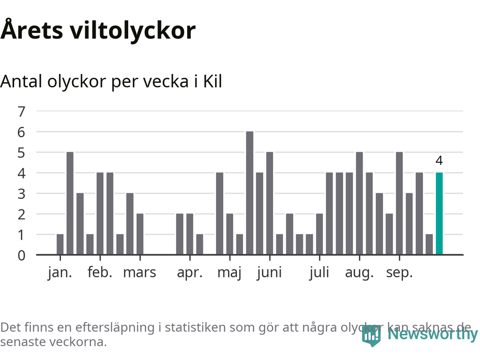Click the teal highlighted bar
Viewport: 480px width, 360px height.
(x=439, y=213)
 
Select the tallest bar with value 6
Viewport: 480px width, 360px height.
(x=250, y=193)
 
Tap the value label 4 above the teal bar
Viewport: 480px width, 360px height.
(x=439, y=160)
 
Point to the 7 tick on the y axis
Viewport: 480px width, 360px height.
(x=21, y=111)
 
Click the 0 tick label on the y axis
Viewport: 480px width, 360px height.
(x=21, y=255)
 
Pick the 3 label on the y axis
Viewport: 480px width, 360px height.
(x=21, y=194)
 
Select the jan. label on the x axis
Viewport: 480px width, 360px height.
(x=60, y=273)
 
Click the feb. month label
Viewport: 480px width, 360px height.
(x=100, y=273)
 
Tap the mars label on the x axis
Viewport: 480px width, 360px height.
(x=139, y=273)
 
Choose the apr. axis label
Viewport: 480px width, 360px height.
(x=190, y=273)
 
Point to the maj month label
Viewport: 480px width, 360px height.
(x=229, y=273)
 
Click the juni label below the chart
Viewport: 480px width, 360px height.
(x=269, y=273)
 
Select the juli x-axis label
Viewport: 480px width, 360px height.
(x=319, y=273)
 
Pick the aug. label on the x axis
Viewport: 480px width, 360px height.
(x=359, y=273)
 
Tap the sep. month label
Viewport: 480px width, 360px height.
(x=399, y=273)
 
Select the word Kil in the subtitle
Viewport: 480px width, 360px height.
(x=213, y=81)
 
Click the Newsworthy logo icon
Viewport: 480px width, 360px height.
(x=371, y=335)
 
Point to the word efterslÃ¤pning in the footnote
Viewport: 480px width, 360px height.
(x=115, y=327)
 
